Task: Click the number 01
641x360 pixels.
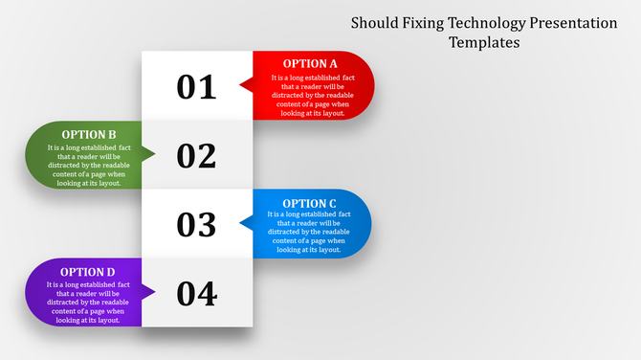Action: click(x=197, y=86)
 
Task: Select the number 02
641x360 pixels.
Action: click(x=197, y=155)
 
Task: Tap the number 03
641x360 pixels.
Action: click(x=197, y=224)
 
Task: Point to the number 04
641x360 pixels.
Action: click(x=197, y=293)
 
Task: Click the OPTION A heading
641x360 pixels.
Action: click(x=310, y=64)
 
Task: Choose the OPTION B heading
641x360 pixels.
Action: click(x=89, y=135)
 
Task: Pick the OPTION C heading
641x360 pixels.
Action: click(x=309, y=203)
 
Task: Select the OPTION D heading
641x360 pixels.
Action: click(x=89, y=272)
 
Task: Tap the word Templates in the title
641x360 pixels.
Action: click(x=484, y=42)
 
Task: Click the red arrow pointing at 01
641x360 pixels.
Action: click(x=246, y=86)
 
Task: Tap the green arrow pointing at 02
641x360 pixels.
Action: click(x=148, y=155)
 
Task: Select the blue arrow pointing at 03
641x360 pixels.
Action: click(x=246, y=224)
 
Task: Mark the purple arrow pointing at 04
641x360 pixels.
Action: click(x=148, y=292)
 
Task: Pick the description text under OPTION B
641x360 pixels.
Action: click(x=89, y=166)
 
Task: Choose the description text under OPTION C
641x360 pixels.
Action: click(x=309, y=233)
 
